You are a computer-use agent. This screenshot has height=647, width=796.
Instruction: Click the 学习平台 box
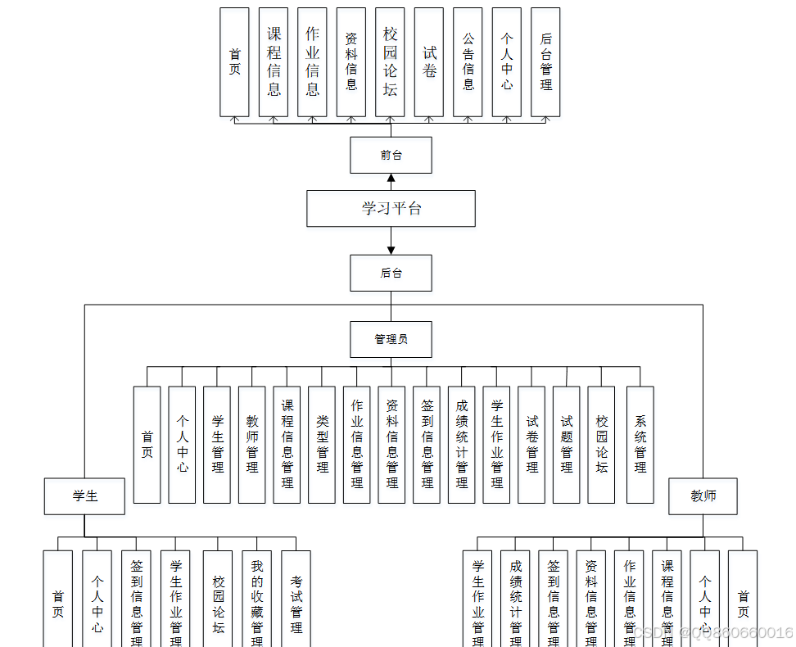click(x=391, y=208)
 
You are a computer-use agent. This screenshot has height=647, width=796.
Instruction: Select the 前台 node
click(x=391, y=155)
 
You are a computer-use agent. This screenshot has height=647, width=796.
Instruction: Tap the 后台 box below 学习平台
click(x=391, y=273)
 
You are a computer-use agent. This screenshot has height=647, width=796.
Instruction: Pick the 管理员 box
click(x=391, y=339)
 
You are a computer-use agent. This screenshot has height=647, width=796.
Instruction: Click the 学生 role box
click(x=84, y=496)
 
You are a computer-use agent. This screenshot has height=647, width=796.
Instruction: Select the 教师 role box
click(x=703, y=496)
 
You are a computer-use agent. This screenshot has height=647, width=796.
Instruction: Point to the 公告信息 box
click(x=468, y=62)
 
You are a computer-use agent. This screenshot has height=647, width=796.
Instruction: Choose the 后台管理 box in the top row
click(x=545, y=62)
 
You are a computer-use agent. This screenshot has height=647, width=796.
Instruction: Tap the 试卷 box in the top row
click(x=429, y=62)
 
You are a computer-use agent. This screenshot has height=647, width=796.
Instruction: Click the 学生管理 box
click(x=217, y=444)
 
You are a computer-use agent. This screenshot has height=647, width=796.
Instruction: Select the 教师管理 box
click(x=252, y=444)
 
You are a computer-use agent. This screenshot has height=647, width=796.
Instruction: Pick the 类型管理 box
click(x=322, y=444)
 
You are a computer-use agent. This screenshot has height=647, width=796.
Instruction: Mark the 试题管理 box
click(x=567, y=444)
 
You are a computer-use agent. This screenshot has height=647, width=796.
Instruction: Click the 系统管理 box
click(x=640, y=444)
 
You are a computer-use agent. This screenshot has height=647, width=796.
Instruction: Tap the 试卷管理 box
click(x=531, y=444)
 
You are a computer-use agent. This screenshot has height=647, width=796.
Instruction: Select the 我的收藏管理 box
click(x=256, y=598)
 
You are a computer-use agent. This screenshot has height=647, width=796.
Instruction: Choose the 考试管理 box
click(x=296, y=598)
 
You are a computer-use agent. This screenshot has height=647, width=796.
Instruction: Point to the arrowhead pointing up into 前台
click(x=391, y=179)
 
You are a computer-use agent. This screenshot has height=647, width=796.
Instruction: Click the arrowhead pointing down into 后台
click(x=391, y=249)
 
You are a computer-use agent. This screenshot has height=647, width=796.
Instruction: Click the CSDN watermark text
click(x=712, y=633)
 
